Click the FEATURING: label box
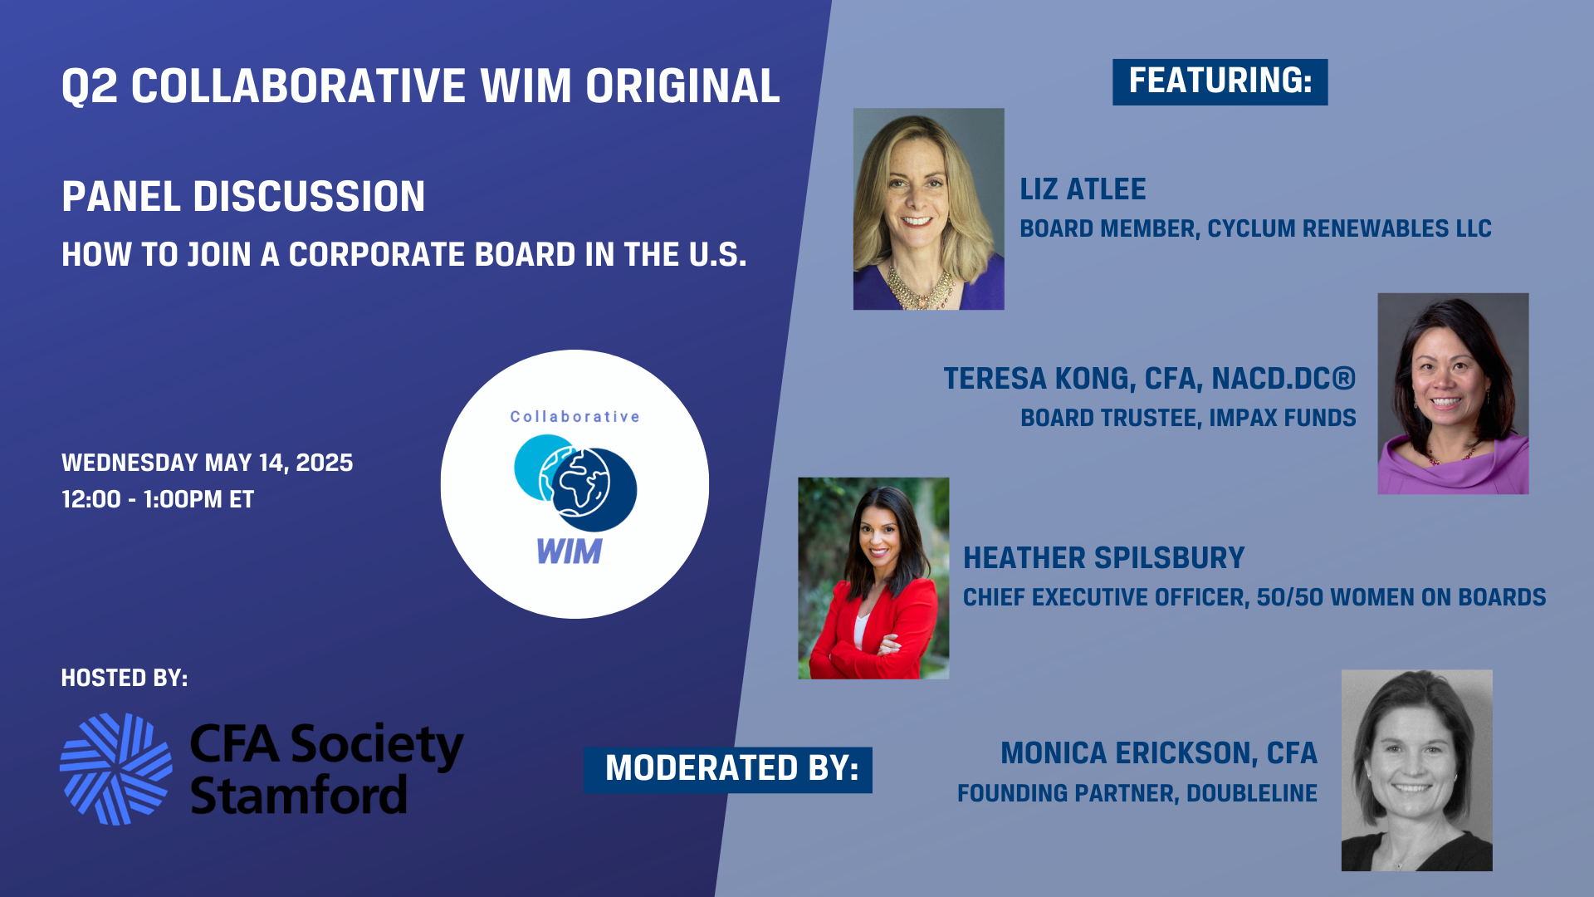pyautogui.click(x=1220, y=81)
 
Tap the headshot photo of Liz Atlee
pyautogui.click(x=928, y=208)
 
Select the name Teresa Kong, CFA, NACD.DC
pyautogui.click(x=1149, y=379)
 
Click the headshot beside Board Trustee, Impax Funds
pyautogui.click(x=1452, y=394)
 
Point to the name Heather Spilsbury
pyautogui.click(x=1103, y=558)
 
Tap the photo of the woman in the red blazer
pyautogui.click(x=873, y=578)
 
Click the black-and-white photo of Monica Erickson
pyautogui.click(x=1416, y=771)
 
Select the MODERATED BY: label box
pyautogui.click(x=728, y=769)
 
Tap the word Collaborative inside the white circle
pyautogui.click(x=575, y=417)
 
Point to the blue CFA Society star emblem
pyautogui.click(x=116, y=769)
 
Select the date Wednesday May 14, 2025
pyautogui.click(x=207, y=463)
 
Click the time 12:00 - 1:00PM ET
pyautogui.click(x=158, y=499)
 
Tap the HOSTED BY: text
pyautogui.click(x=125, y=678)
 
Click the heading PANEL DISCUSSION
pyautogui.click(x=243, y=197)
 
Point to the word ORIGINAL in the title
pyautogui.click(x=682, y=86)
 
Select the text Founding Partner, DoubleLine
pyautogui.click(x=1137, y=793)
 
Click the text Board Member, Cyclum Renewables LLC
pyautogui.click(x=1255, y=228)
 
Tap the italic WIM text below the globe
pyautogui.click(x=570, y=551)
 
